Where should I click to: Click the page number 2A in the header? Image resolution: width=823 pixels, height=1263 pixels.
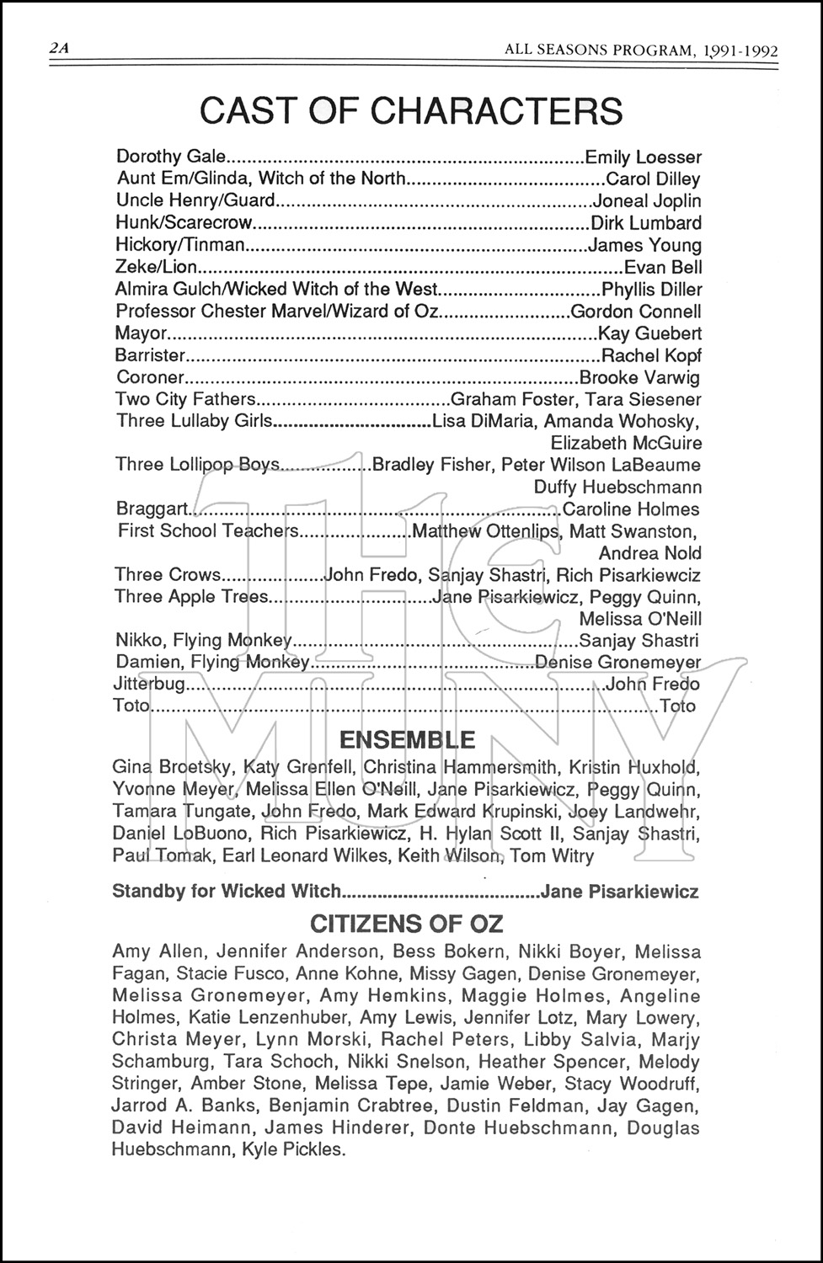58,49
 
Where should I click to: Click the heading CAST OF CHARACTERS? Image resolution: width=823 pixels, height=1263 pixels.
411,111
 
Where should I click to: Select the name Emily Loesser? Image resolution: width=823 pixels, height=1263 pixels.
643,157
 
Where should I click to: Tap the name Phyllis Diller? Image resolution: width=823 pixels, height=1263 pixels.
651,290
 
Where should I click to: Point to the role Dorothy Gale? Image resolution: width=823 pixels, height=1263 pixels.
171,157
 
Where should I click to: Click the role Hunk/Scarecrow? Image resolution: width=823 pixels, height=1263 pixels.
184,223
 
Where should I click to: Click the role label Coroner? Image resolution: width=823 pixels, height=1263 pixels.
149,377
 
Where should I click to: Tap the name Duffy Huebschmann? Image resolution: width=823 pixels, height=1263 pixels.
617,487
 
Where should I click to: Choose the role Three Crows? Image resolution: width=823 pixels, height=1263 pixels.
167,575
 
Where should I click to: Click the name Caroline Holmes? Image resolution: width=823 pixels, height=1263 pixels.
631,509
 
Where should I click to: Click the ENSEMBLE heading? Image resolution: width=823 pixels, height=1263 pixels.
407,740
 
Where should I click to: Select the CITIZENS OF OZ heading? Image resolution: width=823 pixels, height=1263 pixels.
407,924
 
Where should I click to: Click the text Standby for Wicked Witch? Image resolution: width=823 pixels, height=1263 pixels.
227,891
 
